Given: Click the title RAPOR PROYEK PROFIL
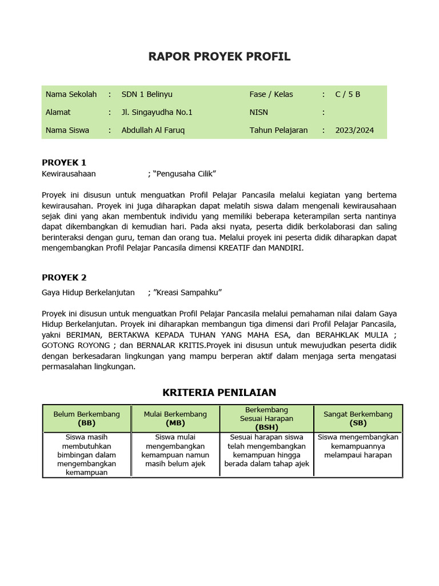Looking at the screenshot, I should click(219, 56).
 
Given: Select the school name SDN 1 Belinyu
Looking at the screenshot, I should click(147, 94).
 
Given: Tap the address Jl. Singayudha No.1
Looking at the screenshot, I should click(157, 112).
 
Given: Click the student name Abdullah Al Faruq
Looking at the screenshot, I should click(153, 130).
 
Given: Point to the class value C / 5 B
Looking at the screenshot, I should click(348, 94).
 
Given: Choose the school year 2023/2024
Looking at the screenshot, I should click(354, 130).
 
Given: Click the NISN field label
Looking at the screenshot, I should click(259, 112).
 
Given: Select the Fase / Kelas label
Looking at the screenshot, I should click(271, 94).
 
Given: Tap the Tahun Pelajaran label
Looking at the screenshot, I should click(278, 130).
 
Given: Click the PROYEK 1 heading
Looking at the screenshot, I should click(64, 163).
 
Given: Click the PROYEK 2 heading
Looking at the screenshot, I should click(64, 278).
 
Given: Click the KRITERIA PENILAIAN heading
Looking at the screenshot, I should click(219, 393).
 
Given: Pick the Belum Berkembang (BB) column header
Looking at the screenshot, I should click(87, 418).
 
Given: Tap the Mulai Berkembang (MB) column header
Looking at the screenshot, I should click(175, 418).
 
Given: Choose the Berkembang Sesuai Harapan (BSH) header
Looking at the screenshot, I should click(266, 418).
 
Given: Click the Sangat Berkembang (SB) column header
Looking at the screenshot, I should click(358, 418).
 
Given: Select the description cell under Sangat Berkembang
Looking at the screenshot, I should click(358, 446).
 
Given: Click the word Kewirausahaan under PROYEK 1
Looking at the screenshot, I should click(69, 173).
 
